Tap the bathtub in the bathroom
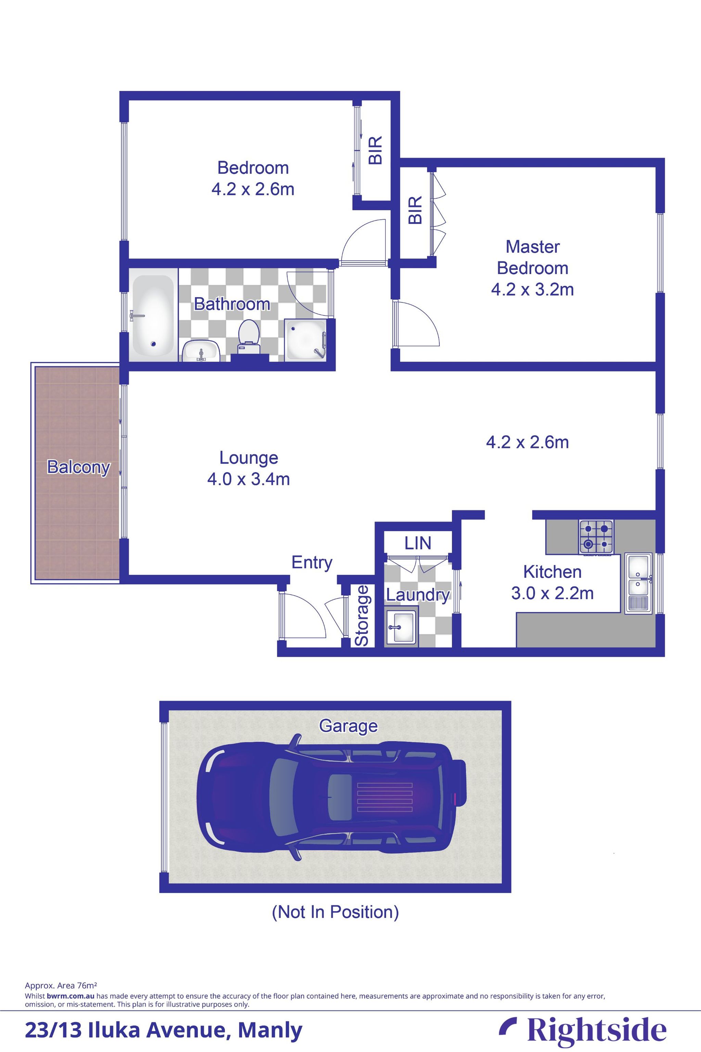click(x=153, y=316)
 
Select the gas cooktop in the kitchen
click(x=596, y=536)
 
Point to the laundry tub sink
click(x=402, y=627)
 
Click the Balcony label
click(x=78, y=467)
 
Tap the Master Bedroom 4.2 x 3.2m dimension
click(x=532, y=289)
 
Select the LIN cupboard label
click(x=418, y=543)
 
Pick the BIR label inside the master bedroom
click(x=415, y=210)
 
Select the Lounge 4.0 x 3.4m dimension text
click(x=248, y=479)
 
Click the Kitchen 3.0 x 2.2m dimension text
click(x=552, y=593)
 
